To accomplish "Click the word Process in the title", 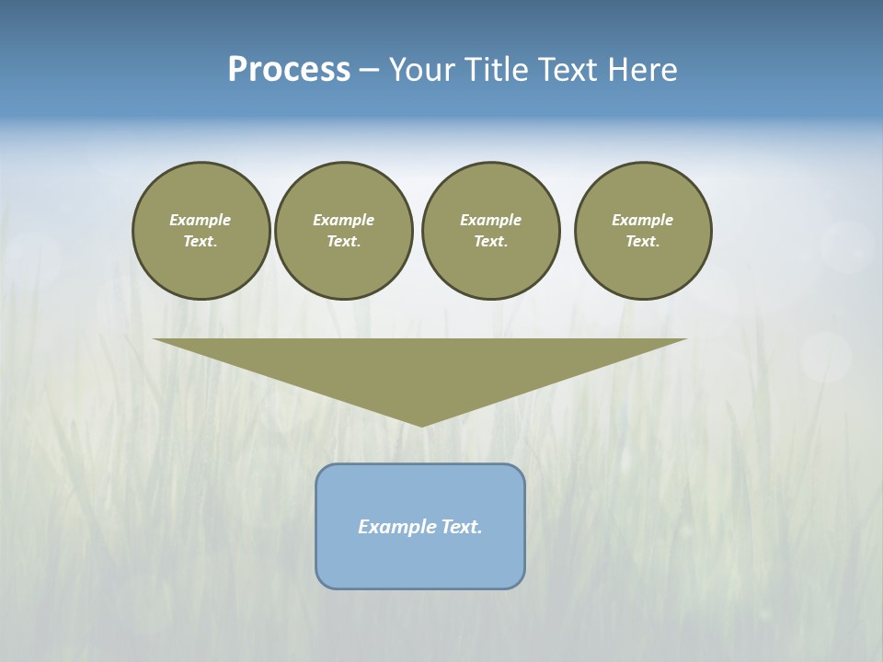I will [x=289, y=70].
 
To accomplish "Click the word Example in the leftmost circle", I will [x=201, y=220].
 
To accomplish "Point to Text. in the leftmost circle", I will [x=201, y=242].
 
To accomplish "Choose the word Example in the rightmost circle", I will [x=643, y=220].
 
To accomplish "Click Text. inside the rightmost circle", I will [x=643, y=242].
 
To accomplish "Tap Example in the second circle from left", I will [x=344, y=220].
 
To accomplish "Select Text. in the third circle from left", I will [x=491, y=242].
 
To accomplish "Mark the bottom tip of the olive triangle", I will [x=421, y=425].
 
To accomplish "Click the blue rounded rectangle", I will [x=420, y=561].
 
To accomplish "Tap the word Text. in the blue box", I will [x=461, y=527].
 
